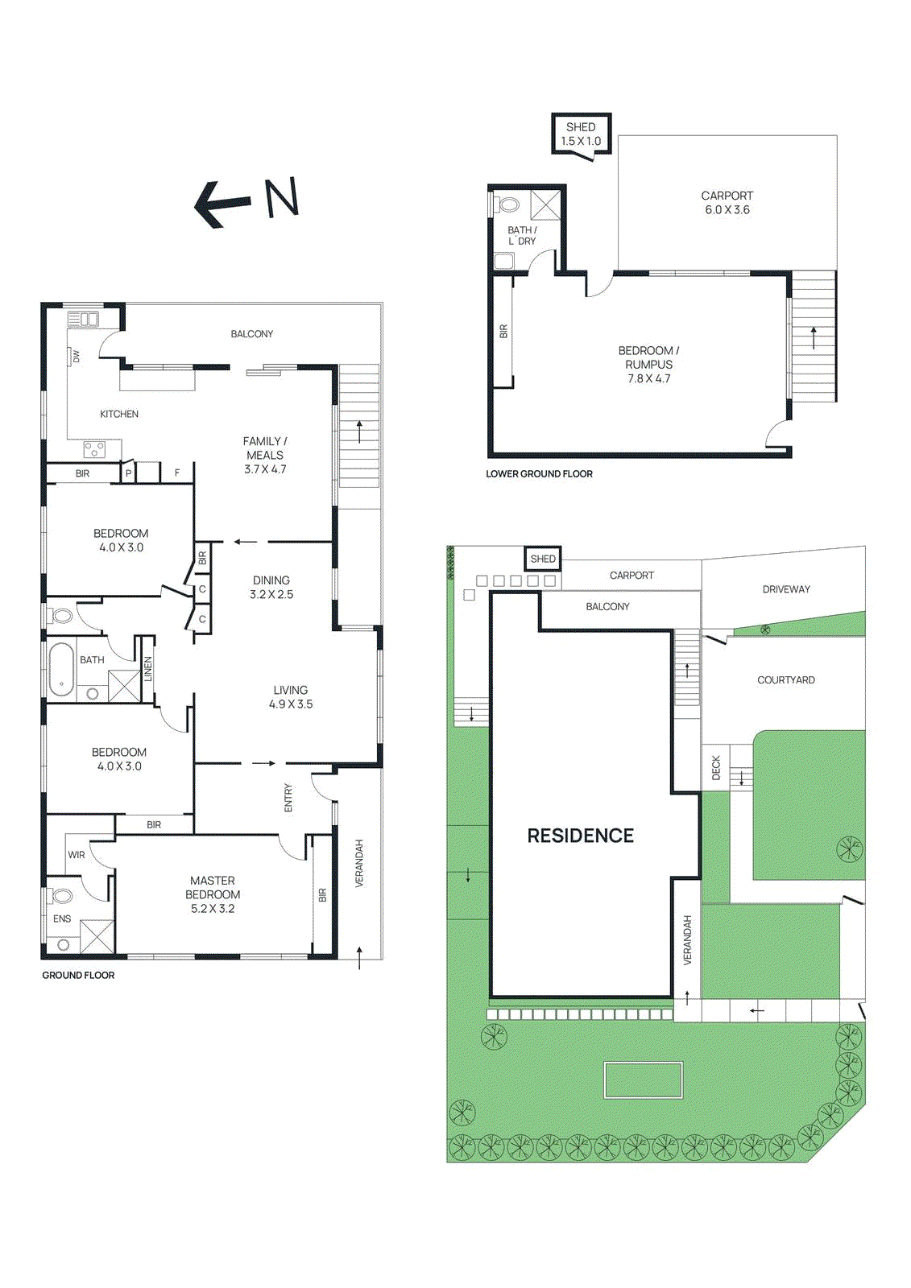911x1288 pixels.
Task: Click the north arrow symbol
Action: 246,200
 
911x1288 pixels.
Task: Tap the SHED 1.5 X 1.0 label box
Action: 581,134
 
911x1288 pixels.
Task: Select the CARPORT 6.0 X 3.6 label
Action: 727,203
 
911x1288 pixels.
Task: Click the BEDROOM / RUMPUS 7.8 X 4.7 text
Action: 648,365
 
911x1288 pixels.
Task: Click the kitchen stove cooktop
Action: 94,449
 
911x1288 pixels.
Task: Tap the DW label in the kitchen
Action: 77,356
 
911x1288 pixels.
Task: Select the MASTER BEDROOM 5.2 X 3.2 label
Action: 213,894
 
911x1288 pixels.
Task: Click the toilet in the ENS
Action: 62,896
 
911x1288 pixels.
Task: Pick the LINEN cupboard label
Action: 147,669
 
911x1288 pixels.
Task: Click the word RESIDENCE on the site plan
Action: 580,836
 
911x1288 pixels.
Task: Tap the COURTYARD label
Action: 785,680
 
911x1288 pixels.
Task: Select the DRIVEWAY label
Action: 786,589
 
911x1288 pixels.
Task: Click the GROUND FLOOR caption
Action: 78,975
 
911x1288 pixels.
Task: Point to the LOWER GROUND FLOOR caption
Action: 539,474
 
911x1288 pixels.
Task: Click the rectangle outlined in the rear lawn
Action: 643,1080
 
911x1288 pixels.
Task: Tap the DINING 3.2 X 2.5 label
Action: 271,587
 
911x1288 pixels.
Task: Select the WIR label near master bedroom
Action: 77,855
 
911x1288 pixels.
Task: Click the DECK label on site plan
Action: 716,767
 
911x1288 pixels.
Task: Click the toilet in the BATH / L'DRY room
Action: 508,204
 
